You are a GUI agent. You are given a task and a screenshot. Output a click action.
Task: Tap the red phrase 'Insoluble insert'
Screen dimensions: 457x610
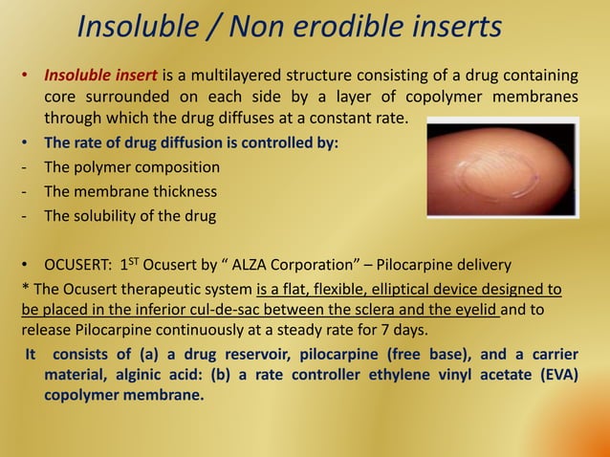pyautogui.click(x=101, y=76)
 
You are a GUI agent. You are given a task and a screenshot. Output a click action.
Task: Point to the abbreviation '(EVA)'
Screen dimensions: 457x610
pyautogui.click(x=556, y=375)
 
